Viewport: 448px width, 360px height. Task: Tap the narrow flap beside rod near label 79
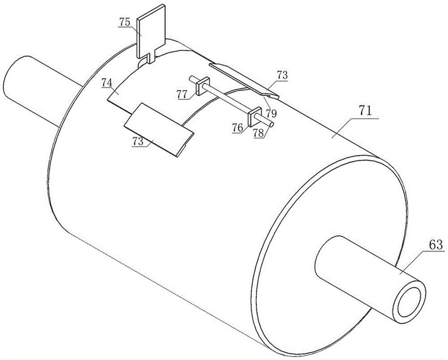244,79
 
